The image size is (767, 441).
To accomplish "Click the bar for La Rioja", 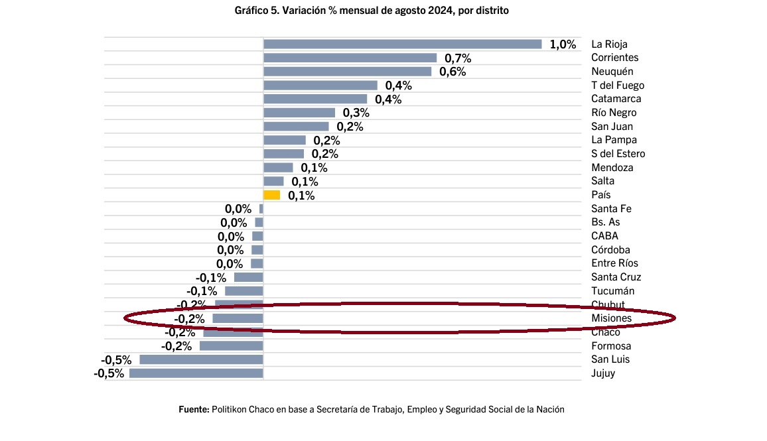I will coord(402,44).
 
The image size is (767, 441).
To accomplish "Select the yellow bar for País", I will coord(271,195).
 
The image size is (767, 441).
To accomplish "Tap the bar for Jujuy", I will coord(196,373).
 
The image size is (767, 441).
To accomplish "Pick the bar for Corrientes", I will coord(350,58).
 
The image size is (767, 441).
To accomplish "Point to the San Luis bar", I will coord(201,359).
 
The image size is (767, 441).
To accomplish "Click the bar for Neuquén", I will coord(347,72).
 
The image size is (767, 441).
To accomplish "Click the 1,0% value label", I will coord(563,44).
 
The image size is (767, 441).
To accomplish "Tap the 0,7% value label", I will coord(458,58).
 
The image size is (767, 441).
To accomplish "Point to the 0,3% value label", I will coord(356,113).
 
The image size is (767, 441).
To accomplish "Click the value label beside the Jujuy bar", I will coord(109,373).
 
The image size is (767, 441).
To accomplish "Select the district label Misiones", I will coord(611,319).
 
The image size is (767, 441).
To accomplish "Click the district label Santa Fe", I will coord(611,209).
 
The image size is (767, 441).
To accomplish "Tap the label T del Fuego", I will coord(618,86).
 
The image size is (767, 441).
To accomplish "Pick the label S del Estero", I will coord(618,154).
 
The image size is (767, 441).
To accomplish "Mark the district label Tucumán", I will coord(612,291).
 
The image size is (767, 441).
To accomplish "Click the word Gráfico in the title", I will coord(251,11).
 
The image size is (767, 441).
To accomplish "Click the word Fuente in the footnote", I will coord(194,410).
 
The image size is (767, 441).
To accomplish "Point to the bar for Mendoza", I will coord(278,168).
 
